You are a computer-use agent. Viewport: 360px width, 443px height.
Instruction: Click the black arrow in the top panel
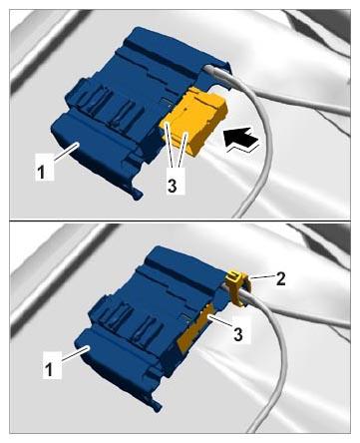coord(241,139)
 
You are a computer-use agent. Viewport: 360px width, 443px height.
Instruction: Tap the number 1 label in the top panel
coord(41,173)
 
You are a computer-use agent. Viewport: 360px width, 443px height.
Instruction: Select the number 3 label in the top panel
coord(172,186)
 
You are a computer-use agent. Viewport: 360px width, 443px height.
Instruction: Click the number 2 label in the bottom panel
coord(280,279)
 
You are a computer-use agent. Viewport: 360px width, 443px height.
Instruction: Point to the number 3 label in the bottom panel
coord(238,334)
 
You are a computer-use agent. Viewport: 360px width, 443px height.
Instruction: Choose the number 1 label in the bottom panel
coord(49,369)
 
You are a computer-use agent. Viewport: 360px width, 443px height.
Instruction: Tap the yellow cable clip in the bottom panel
coord(237,287)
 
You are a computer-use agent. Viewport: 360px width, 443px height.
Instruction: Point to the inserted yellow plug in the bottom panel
coord(196,327)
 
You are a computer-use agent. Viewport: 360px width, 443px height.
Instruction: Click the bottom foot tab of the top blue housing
coord(137,194)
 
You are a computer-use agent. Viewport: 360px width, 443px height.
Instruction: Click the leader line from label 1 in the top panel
coord(65,153)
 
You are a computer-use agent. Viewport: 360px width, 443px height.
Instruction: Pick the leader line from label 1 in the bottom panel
coord(75,353)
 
